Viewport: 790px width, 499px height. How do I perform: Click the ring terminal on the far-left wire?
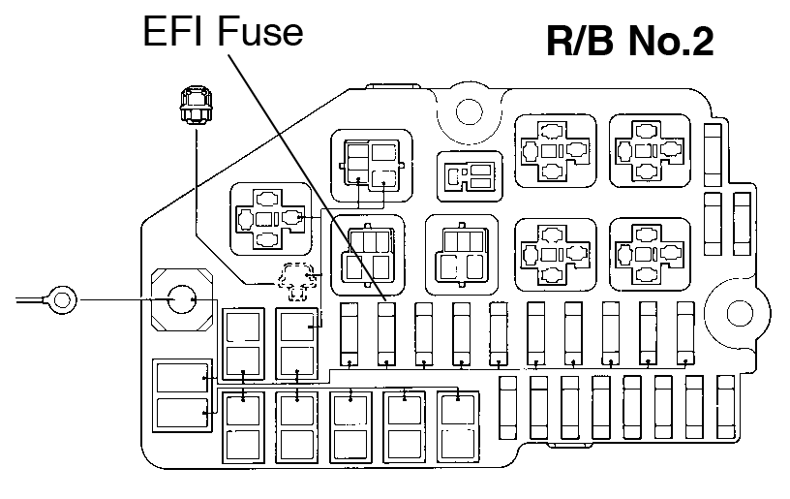(x=60, y=299)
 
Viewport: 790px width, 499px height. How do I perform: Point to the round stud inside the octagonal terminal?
(x=180, y=300)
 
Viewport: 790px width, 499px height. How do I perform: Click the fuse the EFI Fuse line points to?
(x=387, y=332)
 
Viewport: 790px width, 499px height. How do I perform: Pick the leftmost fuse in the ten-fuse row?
(x=350, y=332)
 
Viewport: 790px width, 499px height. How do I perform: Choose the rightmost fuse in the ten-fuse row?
(x=685, y=332)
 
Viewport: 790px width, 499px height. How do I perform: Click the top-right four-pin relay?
(x=650, y=152)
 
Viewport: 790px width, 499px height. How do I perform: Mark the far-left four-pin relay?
(x=268, y=217)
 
